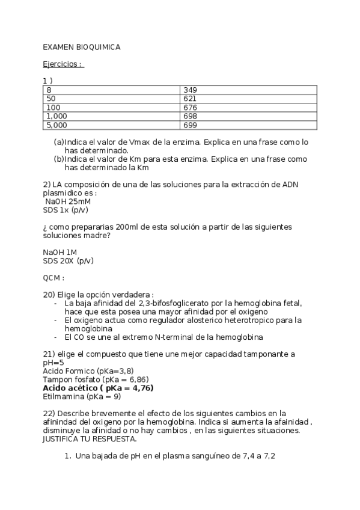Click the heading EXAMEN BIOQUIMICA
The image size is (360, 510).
pyautogui.click(x=81, y=47)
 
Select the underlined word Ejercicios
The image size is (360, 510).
pyautogui.click(x=62, y=64)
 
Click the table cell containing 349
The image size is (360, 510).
pyautogui.click(x=248, y=90)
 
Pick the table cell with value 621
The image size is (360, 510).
pyautogui.click(x=248, y=99)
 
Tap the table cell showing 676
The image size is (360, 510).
pyautogui.click(x=248, y=108)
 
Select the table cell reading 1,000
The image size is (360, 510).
pyautogui.click(x=112, y=116)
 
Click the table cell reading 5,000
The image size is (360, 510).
pyautogui.click(x=112, y=125)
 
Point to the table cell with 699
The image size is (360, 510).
pyautogui.click(x=248, y=125)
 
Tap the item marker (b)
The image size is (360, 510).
pyautogui.click(x=59, y=159)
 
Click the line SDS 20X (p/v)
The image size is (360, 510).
pyautogui.click(x=69, y=260)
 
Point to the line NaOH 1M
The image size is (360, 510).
pyautogui.click(x=60, y=252)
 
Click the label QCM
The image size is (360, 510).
pyautogui.click(x=53, y=278)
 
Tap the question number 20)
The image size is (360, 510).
pyautogui.click(x=49, y=295)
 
